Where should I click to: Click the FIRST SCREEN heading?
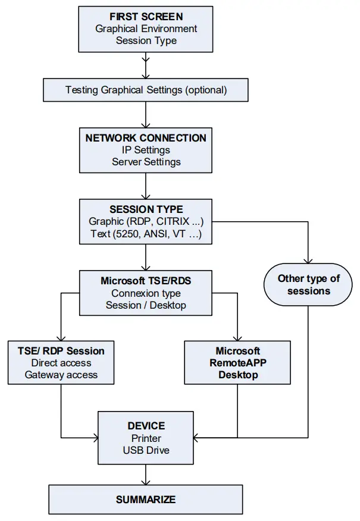[146, 16]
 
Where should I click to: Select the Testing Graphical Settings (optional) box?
[146, 90]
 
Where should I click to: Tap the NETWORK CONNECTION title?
[146, 138]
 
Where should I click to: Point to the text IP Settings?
[146, 150]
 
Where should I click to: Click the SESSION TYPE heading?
[146, 209]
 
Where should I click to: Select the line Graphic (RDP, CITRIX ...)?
[146, 222]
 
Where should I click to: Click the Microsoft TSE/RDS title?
[146, 281]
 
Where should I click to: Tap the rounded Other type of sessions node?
[308, 285]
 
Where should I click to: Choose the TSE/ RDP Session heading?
[61, 351]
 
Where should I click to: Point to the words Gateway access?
[61, 375]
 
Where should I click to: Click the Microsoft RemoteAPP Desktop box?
[237, 363]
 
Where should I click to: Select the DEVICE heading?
[146, 426]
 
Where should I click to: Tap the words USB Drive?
[146, 450]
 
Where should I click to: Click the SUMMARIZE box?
[146, 499]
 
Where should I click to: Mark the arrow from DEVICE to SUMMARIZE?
[146, 475]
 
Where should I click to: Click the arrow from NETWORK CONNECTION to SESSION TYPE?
[146, 186]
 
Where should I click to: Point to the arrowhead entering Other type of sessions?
[308, 260]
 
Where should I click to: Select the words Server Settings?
[146, 162]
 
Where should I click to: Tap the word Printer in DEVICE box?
[146, 438]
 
